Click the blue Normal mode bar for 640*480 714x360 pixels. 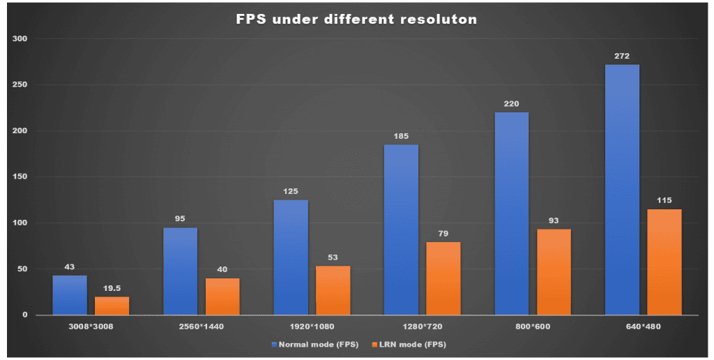pos(622,190)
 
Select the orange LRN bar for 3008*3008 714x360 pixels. pos(112,306)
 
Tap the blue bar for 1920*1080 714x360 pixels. pos(291,257)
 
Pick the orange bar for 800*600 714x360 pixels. pos(554,272)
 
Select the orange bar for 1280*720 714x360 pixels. pos(443,278)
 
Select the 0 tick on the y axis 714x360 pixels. pos(24,315)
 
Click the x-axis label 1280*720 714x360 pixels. pos(422,327)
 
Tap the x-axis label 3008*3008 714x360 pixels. pos(91,327)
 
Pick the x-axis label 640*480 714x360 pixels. pos(643,327)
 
